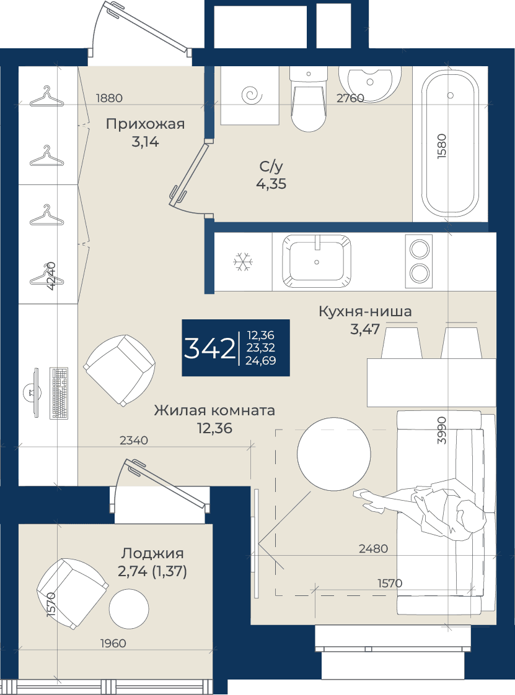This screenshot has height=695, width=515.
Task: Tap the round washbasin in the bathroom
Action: (x=370, y=84)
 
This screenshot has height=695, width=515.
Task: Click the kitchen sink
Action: (x=317, y=262)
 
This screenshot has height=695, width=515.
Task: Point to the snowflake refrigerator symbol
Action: (x=243, y=262)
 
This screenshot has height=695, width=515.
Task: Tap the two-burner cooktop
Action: (x=419, y=262)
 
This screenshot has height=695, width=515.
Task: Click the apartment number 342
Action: (x=209, y=348)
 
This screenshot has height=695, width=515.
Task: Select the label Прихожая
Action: (x=145, y=124)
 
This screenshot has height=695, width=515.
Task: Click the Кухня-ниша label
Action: (x=365, y=311)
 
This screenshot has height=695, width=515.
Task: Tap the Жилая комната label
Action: (x=214, y=410)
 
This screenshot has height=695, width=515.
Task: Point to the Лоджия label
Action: (x=152, y=553)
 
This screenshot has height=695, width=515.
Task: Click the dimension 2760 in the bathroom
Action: (x=350, y=98)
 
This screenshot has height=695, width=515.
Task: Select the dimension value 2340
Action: (x=134, y=441)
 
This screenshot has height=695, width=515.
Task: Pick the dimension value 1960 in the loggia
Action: (x=113, y=643)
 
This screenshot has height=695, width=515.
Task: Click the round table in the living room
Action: (x=334, y=454)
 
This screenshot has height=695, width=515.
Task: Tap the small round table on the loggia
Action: (x=129, y=608)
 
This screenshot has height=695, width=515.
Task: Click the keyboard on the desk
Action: (x=59, y=393)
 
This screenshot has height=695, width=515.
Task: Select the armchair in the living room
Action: (x=120, y=369)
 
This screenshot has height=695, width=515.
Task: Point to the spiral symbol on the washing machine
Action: (x=252, y=95)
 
